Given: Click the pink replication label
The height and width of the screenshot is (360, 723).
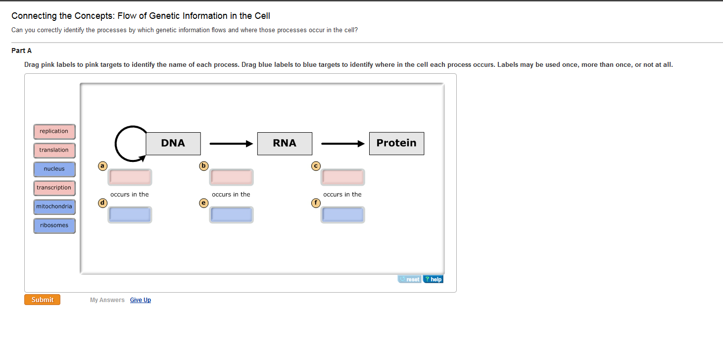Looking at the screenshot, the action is [x=54, y=131].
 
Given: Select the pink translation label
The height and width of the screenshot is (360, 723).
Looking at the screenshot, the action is [x=54, y=150].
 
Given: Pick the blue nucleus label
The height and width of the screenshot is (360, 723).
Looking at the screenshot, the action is [x=54, y=169].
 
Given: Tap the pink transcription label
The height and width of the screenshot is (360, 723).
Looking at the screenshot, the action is [x=54, y=188].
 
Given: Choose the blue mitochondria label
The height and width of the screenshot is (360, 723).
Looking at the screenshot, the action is [x=54, y=206].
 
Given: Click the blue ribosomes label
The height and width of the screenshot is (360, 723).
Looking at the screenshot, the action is [x=54, y=226].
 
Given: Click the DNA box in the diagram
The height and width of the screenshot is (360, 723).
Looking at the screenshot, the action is [x=173, y=143].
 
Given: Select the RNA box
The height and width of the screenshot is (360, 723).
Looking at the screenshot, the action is [x=285, y=143].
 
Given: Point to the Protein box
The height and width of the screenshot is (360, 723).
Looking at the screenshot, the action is [x=397, y=143].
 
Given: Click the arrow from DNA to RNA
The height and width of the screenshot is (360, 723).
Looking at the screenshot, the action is [x=231, y=144].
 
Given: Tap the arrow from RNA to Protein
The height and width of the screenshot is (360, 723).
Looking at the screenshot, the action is [x=343, y=144].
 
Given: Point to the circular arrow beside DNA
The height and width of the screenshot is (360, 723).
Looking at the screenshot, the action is [x=115, y=144].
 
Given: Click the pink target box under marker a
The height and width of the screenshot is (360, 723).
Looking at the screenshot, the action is [x=130, y=177].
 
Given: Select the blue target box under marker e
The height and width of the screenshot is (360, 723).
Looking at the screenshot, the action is [x=231, y=215].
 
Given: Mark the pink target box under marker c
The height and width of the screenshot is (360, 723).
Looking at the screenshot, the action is [x=342, y=177].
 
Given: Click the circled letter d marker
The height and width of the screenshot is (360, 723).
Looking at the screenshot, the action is [x=102, y=203].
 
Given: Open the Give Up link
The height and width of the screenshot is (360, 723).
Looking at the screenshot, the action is [x=141, y=300].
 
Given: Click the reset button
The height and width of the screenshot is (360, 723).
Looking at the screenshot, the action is [x=410, y=279].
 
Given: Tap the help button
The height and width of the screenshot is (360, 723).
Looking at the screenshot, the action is [x=433, y=279].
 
